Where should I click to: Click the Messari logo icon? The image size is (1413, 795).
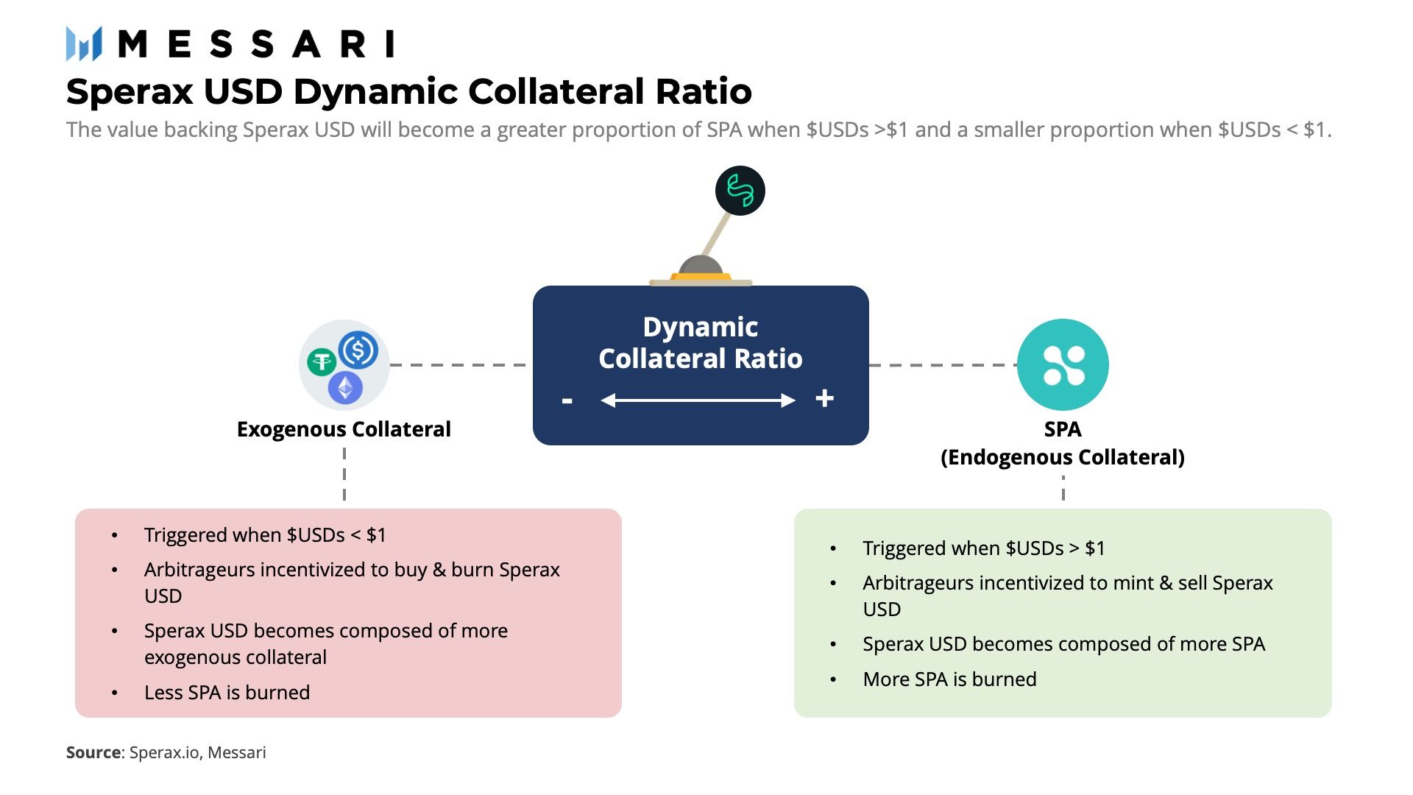point(83,43)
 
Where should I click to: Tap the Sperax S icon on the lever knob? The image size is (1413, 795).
point(740,191)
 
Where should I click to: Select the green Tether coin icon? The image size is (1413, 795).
point(322,361)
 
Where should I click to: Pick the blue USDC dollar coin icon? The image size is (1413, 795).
point(358,350)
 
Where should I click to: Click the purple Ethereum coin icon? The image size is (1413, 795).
point(345,387)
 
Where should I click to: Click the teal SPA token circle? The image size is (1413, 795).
point(1063,364)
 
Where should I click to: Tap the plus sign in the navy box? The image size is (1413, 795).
point(824,398)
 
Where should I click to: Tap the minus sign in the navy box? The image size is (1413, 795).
point(567,400)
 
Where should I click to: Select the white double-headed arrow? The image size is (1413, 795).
point(698,400)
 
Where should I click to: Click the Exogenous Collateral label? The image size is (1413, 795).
point(344,429)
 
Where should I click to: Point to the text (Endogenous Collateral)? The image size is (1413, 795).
point(1063,457)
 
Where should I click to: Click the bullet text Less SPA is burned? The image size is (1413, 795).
point(227,693)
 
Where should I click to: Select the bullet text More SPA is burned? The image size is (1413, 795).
point(949,679)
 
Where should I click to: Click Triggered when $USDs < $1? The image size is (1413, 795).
point(265,535)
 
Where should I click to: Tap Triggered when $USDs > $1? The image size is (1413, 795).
point(983,548)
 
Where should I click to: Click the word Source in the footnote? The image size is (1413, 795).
point(93,752)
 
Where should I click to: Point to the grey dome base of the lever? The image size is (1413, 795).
point(700,266)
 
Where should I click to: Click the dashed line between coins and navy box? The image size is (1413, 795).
point(458,364)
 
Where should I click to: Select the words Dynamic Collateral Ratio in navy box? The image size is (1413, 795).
point(701,342)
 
